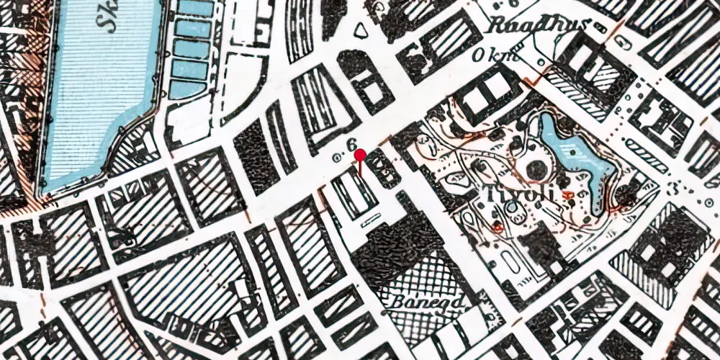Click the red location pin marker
click(361, 154)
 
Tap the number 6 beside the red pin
click(351, 145)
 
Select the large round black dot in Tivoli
click(536, 171)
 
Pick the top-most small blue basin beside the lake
click(194, 9)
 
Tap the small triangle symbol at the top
click(360, 30)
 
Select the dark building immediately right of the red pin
click(382, 170)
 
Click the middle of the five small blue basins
click(191, 49)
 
